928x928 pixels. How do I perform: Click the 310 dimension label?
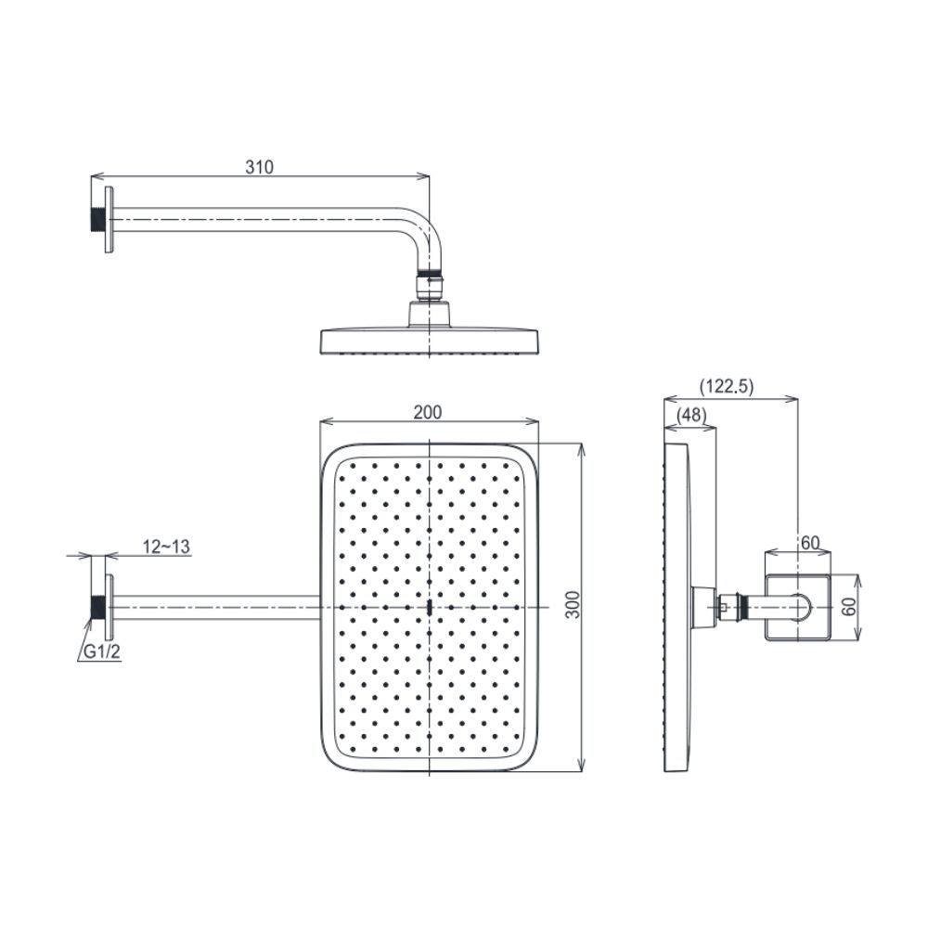(x=260, y=167)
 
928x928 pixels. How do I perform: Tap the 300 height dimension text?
(x=573, y=606)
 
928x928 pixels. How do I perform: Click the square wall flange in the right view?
(x=796, y=607)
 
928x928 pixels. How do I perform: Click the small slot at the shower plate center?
(x=431, y=608)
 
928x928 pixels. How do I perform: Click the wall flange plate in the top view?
(x=110, y=219)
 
